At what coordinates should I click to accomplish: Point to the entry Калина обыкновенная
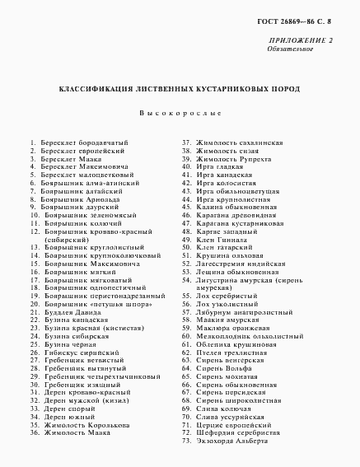click(234, 207)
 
